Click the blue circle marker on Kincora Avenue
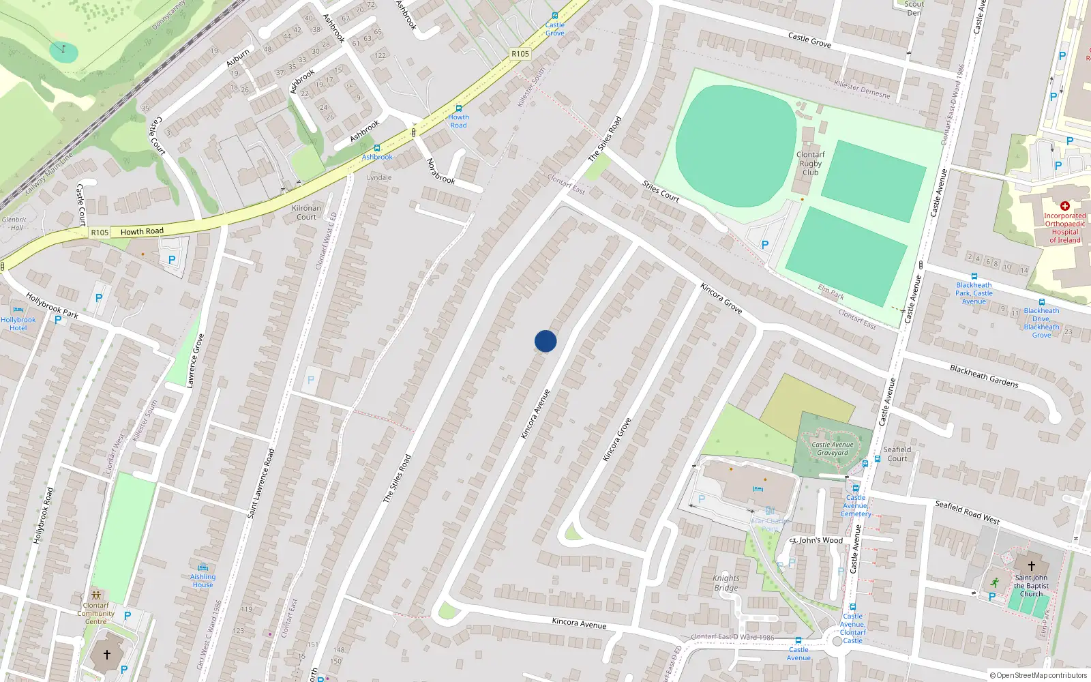point(545,341)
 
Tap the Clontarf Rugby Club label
point(810,164)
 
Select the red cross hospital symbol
point(1065,206)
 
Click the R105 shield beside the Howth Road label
point(100,233)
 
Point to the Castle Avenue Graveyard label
point(833,449)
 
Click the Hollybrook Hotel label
point(18,324)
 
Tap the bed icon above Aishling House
point(203,567)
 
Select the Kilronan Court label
point(306,213)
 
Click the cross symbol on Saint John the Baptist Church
point(1032,566)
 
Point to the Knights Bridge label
point(726,583)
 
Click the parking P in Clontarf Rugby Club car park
point(765,245)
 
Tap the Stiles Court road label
point(661,191)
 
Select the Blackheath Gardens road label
point(984,376)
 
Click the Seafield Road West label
point(967,512)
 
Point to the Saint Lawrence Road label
point(261,484)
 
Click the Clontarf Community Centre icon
point(95,595)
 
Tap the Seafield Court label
point(897,454)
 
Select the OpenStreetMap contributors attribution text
point(1038,676)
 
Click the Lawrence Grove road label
point(195,361)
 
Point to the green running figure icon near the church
point(994,583)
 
